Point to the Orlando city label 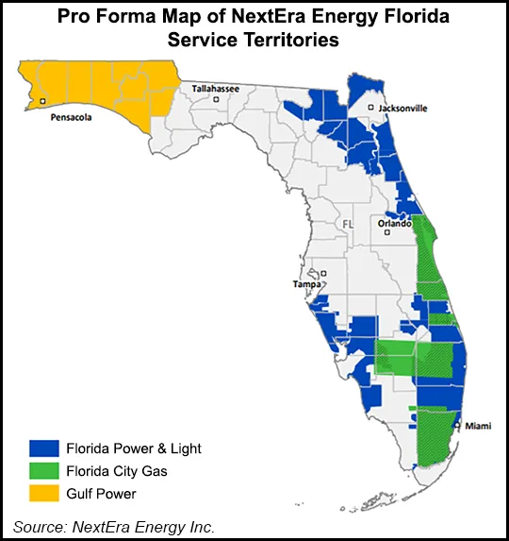coord(395,224)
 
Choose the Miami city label coord(477,427)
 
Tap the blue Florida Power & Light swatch coord(44,448)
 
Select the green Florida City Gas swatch coord(44,471)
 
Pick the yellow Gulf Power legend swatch coord(44,494)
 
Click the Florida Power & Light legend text coord(134,448)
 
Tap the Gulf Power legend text coord(102,494)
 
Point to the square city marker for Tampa coord(323,275)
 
